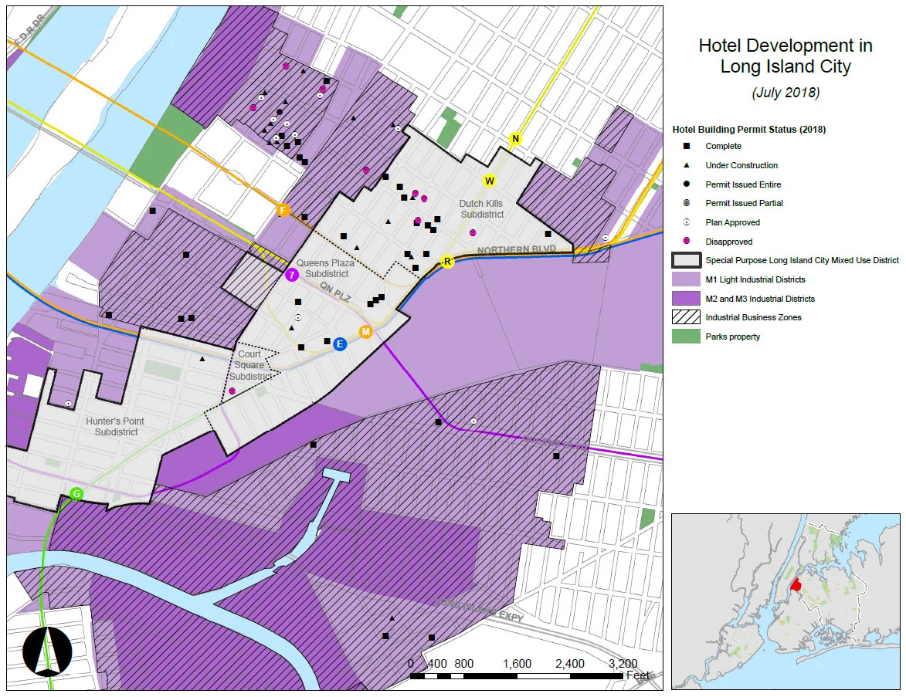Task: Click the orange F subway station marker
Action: (x=283, y=210)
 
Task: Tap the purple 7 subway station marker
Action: (x=292, y=275)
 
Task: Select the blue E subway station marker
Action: (x=339, y=344)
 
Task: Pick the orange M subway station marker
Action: (x=366, y=332)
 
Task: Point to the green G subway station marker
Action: (x=76, y=493)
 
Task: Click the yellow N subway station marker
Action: (x=515, y=139)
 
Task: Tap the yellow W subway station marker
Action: (x=489, y=181)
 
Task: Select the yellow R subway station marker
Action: (x=446, y=262)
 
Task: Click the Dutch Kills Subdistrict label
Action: (x=481, y=209)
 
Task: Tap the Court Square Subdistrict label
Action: (x=249, y=365)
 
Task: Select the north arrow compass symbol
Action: (x=48, y=650)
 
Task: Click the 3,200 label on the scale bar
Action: (x=623, y=663)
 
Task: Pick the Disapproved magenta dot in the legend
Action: (x=686, y=242)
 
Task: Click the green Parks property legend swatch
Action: (x=686, y=337)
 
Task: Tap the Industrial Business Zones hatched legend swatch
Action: (x=686, y=317)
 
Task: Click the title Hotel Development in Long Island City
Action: (x=785, y=56)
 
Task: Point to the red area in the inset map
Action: (x=796, y=586)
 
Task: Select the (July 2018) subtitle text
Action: (x=785, y=93)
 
